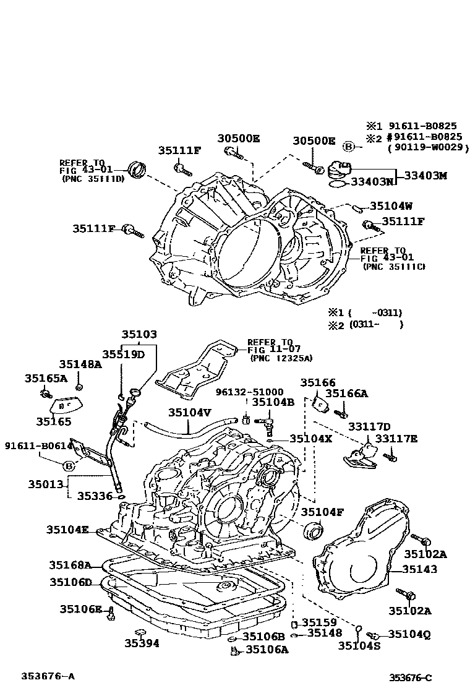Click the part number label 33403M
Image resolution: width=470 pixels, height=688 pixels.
coord(425,176)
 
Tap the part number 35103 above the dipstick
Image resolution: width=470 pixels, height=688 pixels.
coord(139,334)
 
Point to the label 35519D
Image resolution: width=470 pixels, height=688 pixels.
coord(123,354)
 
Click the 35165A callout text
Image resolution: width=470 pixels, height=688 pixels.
coord(46,378)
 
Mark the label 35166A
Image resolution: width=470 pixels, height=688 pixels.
coord(346,393)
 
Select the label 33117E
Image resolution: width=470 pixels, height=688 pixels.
coord(396,439)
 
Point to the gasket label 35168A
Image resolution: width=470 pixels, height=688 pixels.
coord(70,565)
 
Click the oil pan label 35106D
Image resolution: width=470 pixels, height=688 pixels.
coord(70,582)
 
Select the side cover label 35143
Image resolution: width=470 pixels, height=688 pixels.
coord(420,569)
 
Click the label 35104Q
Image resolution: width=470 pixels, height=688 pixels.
coord(410,634)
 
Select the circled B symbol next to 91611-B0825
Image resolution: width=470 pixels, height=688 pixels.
coord(349,147)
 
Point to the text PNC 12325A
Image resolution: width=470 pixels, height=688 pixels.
coord(281,358)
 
